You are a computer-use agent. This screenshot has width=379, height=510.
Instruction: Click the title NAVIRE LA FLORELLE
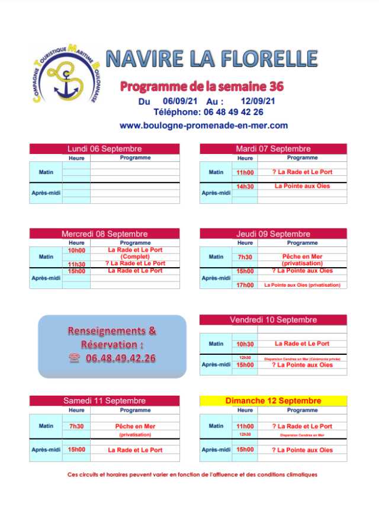[x=211, y=59]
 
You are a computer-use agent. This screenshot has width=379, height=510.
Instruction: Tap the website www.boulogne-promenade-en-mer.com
[x=203, y=126]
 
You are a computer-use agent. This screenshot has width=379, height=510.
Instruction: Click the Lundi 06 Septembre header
[x=104, y=149]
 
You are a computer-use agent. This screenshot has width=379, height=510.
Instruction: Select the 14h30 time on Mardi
[x=245, y=186]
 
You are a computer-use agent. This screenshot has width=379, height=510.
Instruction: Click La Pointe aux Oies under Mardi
[x=302, y=186]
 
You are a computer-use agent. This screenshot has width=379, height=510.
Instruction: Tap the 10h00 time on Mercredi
[x=76, y=250]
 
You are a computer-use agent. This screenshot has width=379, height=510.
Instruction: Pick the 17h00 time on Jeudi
[x=245, y=285]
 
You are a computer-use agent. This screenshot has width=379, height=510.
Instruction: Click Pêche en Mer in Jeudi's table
[x=302, y=256]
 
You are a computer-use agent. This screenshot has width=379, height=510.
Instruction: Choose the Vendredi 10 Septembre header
[x=273, y=320]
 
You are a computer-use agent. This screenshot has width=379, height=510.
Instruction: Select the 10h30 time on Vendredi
[x=245, y=344]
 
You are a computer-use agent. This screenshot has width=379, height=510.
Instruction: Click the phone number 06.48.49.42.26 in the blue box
[x=120, y=358]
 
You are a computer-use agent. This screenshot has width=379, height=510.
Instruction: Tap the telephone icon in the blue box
[x=74, y=358]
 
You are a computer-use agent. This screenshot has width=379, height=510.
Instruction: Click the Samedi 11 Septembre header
[x=104, y=401]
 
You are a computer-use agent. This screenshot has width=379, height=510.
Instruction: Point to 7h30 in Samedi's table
[x=76, y=426]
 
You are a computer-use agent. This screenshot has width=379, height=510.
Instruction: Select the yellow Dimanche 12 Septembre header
[x=273, y=401]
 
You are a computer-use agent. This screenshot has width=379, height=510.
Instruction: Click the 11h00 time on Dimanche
[x=245, y=426]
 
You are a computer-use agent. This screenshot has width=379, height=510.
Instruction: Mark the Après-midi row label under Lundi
[x=46, y=193]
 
